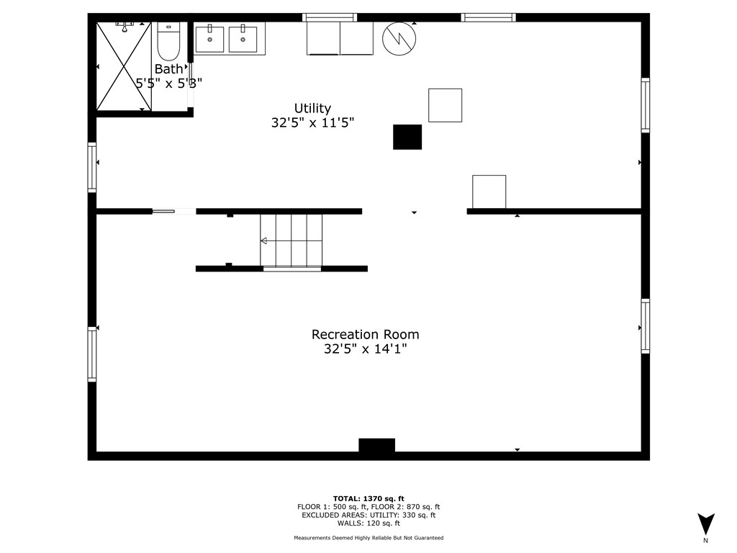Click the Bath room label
click(x=168, y=69)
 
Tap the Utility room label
click(x=312, y=109)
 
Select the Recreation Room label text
click(x=365, y=334)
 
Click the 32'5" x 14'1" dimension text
click(x=365, y=349)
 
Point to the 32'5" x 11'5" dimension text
click(x=312, y=122)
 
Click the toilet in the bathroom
click(x=168, y=41)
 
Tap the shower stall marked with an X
click(x=124, y=66)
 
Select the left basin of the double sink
click(x=209, y=40)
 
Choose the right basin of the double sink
click(x=243, y=40)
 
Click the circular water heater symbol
click(x=399, y=39)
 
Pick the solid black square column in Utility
click(x=407, y=138)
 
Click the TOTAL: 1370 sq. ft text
click(x=368, y=499)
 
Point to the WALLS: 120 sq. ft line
click(x=368, y=523)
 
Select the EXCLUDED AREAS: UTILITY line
click(x=368, y=515)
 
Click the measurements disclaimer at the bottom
click(x=368, y=538)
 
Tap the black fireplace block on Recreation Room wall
click(x=377, y=445)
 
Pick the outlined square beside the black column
click(x=445, y=105)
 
